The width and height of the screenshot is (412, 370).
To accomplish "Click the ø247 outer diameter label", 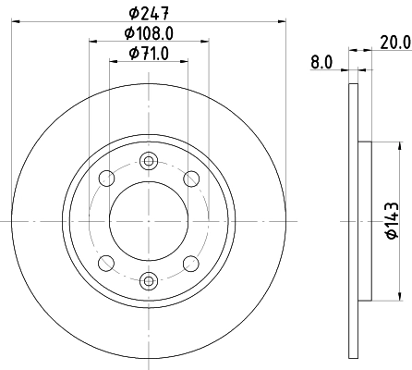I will [x=149, y=12].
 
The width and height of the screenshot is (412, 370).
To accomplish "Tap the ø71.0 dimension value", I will [x=149, y=53].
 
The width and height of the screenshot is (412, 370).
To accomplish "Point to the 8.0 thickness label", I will [x=321, y=62].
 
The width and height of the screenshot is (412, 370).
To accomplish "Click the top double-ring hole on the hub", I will [x=149, y=163].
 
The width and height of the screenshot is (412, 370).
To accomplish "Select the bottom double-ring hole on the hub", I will [x=149, y=279].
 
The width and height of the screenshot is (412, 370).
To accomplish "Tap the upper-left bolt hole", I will [x=107, y=179].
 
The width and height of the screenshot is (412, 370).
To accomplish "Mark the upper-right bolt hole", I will [x=191, y=179].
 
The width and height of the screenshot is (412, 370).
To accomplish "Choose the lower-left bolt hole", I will [x=107, y=263].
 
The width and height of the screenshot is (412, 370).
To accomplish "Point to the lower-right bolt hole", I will [x=191, y=263].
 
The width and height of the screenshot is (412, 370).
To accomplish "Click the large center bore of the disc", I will [x=149, y=221].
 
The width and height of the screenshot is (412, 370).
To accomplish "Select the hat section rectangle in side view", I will [x=364, y=221].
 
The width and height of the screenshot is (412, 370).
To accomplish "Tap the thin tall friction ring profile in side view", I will [x=353, y=221].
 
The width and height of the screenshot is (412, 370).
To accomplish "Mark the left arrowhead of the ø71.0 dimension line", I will [x=114, y=62].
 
